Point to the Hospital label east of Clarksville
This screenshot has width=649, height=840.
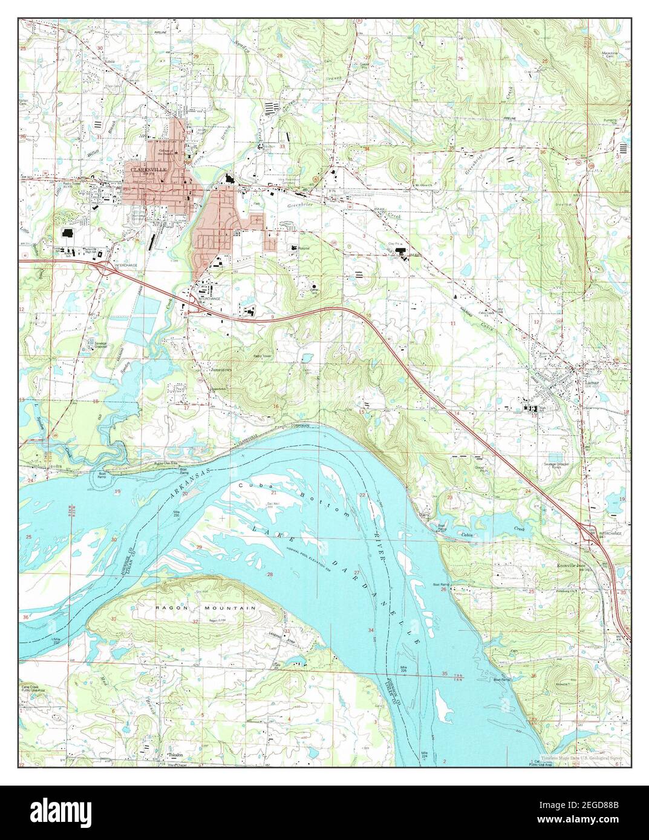point(302,248)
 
